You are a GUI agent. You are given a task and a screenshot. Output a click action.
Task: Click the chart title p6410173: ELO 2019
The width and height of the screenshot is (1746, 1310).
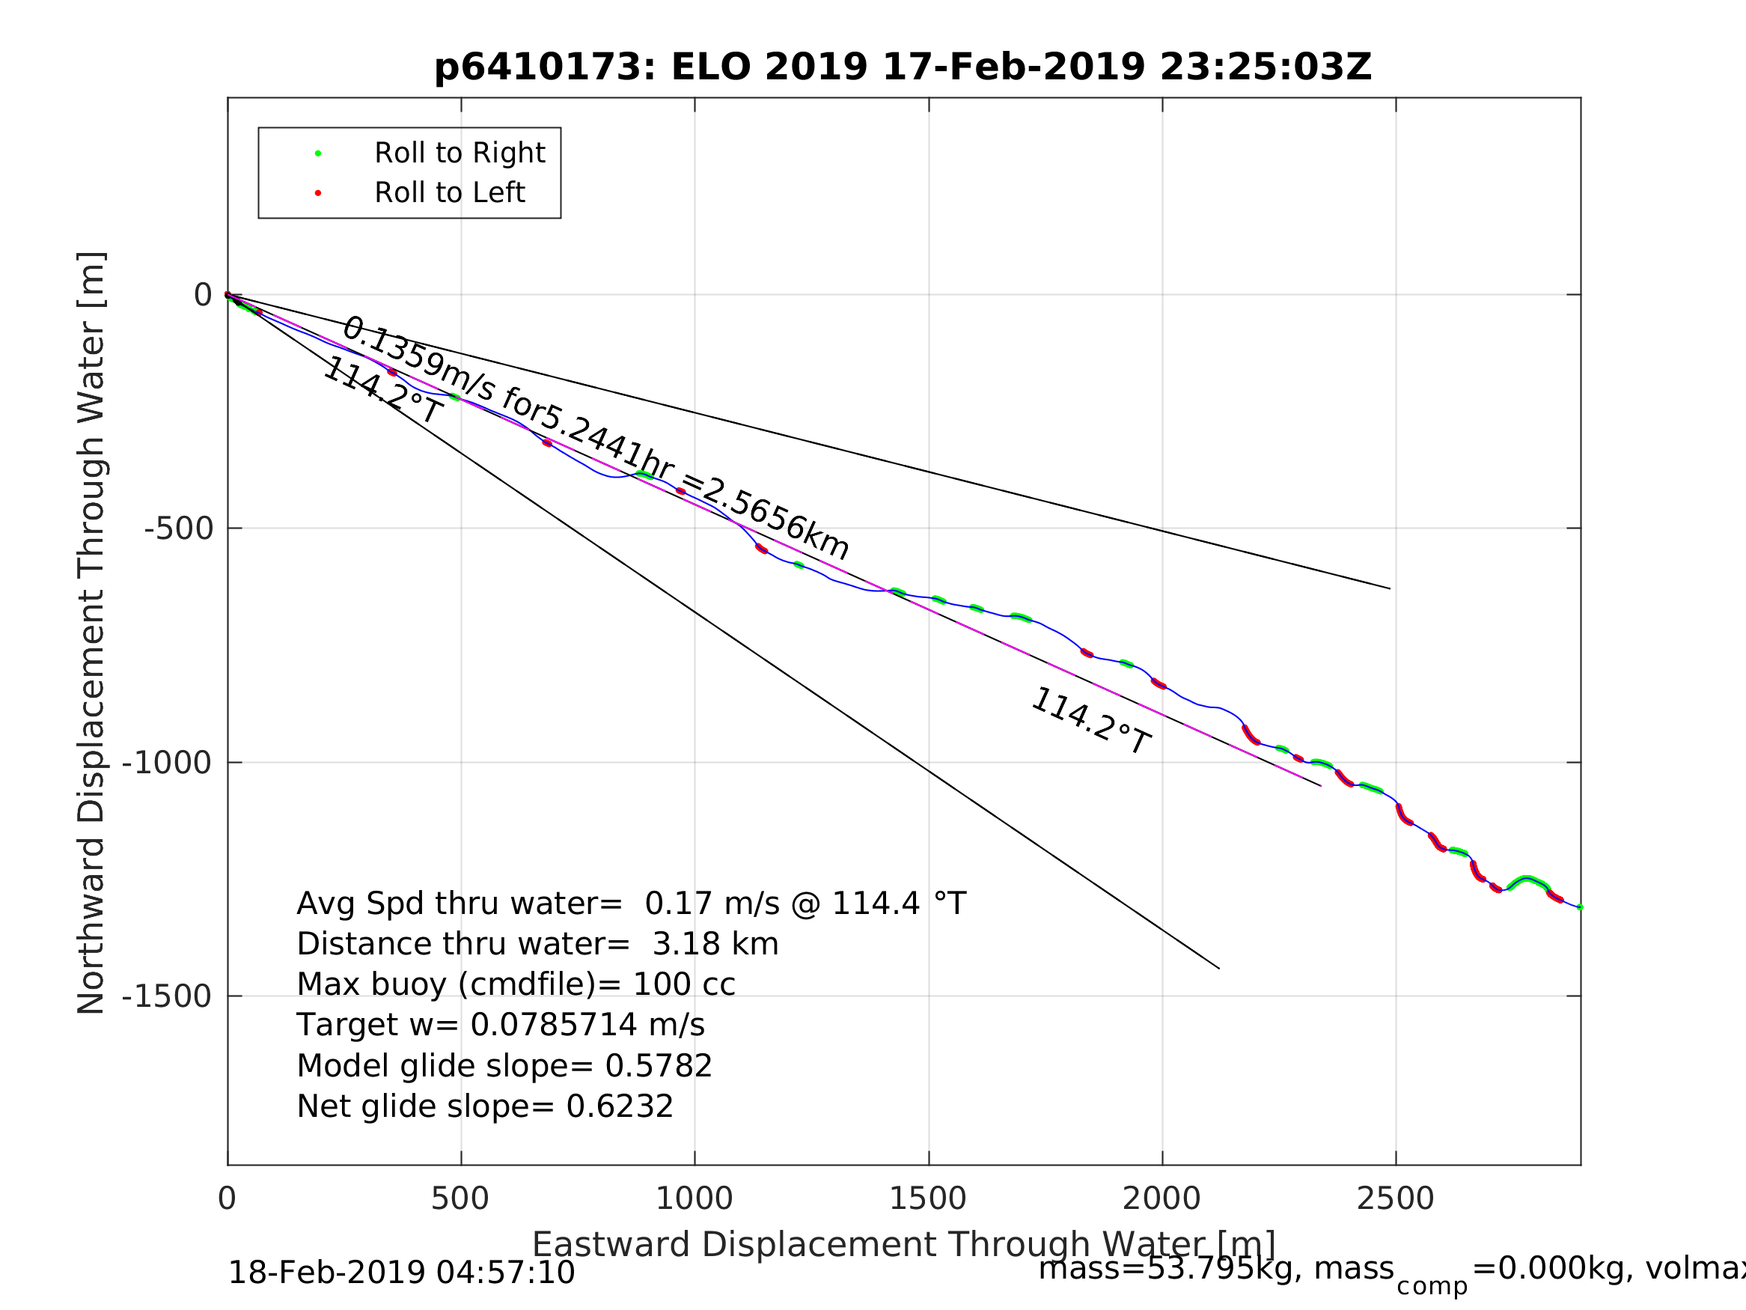(903, 67)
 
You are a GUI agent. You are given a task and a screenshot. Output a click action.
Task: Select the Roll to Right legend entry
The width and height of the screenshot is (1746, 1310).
(459, 153)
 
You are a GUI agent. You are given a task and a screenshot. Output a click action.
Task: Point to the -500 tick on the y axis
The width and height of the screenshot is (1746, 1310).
(179, 529)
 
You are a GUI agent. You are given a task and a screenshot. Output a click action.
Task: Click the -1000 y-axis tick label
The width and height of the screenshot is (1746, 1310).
(167, 763)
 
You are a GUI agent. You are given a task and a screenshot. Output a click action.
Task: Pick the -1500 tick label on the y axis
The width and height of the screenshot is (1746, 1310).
(167, 996)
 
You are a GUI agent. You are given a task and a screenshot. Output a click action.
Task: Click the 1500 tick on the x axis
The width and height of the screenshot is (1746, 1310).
(928, 1198)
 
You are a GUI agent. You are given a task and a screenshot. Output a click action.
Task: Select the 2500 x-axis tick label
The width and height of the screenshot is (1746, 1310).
(1395, 1198)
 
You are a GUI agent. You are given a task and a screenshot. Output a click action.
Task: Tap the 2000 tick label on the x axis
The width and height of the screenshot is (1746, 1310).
(1161, 1198)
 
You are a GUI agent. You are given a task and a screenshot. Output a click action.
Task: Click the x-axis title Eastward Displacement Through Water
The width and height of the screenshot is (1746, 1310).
(903, 1244)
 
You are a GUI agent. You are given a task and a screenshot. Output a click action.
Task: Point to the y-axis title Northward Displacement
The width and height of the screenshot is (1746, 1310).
(91, 633)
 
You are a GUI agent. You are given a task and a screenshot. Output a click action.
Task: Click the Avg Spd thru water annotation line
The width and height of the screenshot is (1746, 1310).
(631, 904)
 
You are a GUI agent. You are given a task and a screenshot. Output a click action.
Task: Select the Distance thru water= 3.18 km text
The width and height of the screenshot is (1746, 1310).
(537, 945)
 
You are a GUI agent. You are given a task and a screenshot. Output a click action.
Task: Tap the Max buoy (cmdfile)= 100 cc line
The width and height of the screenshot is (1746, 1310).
(516, 984)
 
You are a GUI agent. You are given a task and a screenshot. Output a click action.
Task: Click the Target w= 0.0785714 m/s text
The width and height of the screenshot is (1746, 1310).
(501, 1025)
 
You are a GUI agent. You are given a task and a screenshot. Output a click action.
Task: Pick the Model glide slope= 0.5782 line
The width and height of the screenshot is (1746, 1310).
(504, 1066)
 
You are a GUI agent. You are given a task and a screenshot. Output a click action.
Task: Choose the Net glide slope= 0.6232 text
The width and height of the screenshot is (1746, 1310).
(485, 1106)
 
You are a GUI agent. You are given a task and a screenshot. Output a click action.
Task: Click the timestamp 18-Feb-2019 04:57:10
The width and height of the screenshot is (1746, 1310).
(401, 1273)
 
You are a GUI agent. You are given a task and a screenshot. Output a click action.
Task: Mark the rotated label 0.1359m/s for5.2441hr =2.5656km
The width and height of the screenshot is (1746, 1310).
(595, 437)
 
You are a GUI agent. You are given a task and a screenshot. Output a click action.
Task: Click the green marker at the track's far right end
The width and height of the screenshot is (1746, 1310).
(1579, 907)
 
